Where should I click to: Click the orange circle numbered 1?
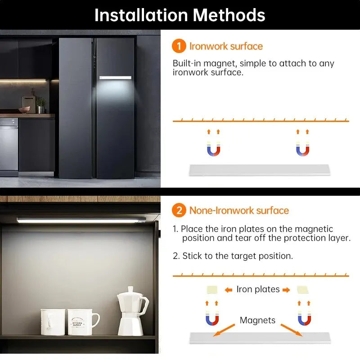[179, 46]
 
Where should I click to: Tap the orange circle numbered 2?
[179, 210]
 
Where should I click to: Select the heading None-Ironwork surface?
[239, 210]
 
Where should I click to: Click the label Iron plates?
[258, 289]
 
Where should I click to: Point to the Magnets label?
[257, 320]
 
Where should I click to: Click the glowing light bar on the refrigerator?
[115, 77]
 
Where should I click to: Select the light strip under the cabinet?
[81, 220]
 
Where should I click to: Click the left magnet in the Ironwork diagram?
[213, 149]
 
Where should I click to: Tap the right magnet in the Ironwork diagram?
[302, 149]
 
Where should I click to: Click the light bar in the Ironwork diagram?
[260, 170]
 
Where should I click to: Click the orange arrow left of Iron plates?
[228, 290]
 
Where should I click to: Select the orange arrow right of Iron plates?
[287, 290]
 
